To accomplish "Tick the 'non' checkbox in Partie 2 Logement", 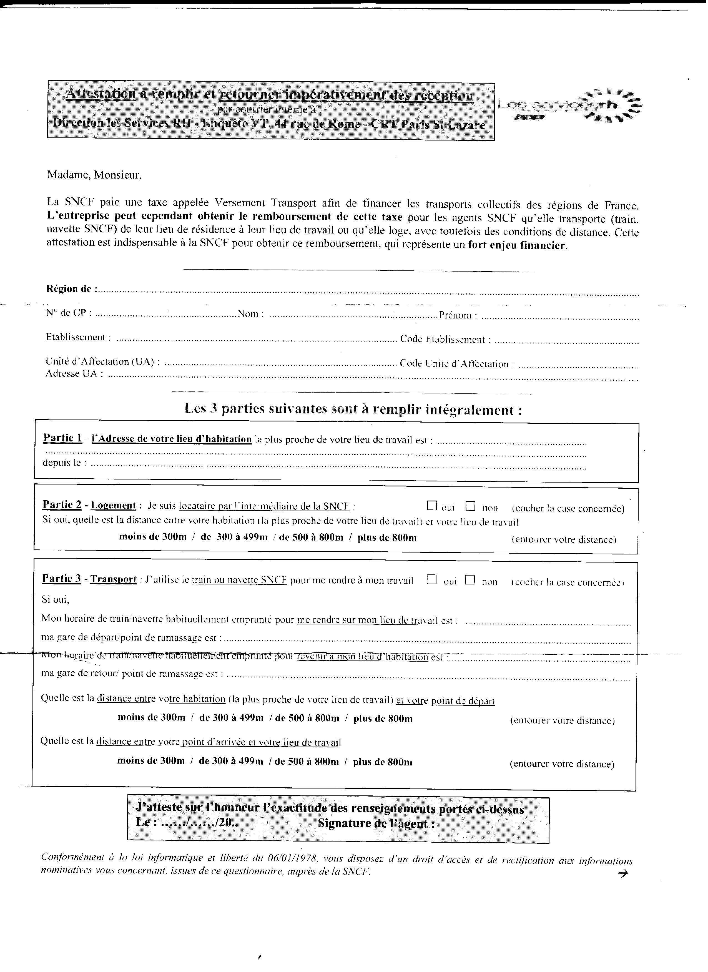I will click(471, 506).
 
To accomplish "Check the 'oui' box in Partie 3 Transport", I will click(431, 580).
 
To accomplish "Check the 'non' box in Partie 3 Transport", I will click(470, 580).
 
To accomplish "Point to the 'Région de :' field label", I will click(71, 289).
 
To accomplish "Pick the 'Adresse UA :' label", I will click(74, 374).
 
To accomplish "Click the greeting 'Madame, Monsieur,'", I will click(94, 175).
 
